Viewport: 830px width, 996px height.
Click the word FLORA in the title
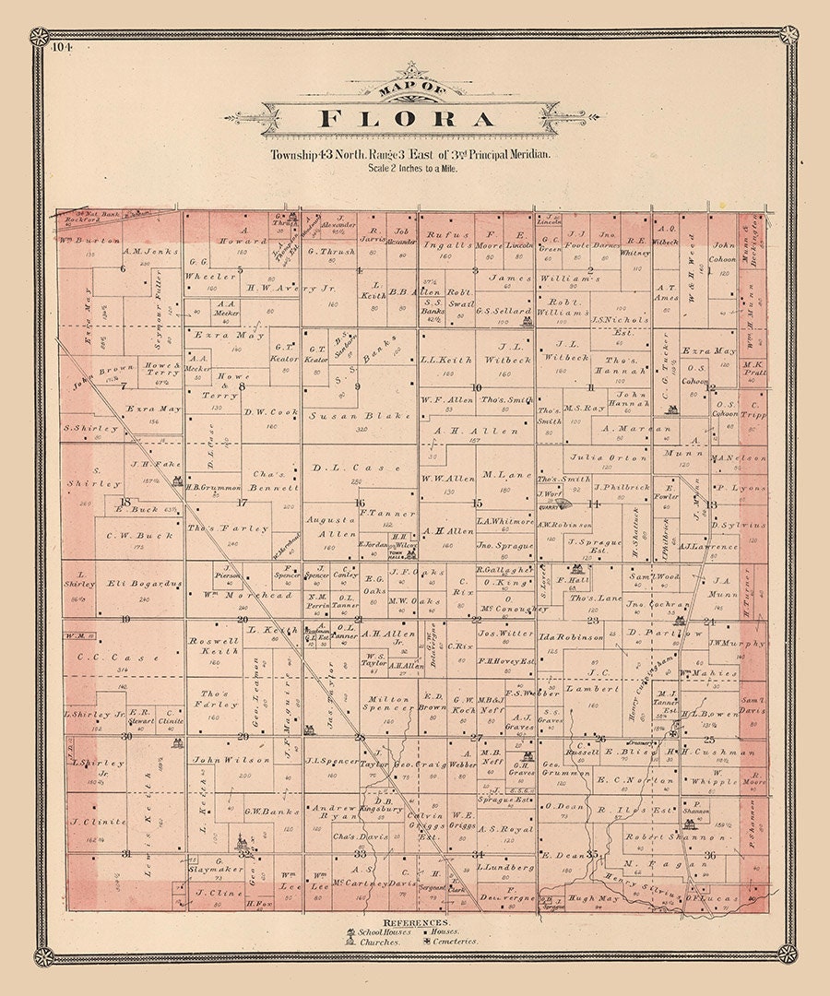coord(408,118)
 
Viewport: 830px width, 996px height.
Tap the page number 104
coord(63,45)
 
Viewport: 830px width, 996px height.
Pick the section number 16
coord(360,503)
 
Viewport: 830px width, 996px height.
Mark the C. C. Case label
coord(118,658)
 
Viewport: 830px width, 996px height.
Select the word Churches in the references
coord(379,942)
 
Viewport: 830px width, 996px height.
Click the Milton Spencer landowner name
coord(386,705)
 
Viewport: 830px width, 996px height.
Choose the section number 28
coord(360,737)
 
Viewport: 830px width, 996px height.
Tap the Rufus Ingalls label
coord(447,240)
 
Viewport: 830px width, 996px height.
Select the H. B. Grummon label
coord(213,487)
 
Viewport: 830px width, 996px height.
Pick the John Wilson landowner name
coord(219,759)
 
